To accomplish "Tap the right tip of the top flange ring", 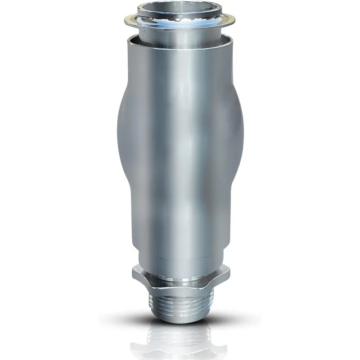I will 236,18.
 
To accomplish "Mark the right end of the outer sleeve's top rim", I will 234,39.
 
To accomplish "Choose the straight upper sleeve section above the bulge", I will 180,67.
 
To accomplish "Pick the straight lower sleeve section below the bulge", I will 180,225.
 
